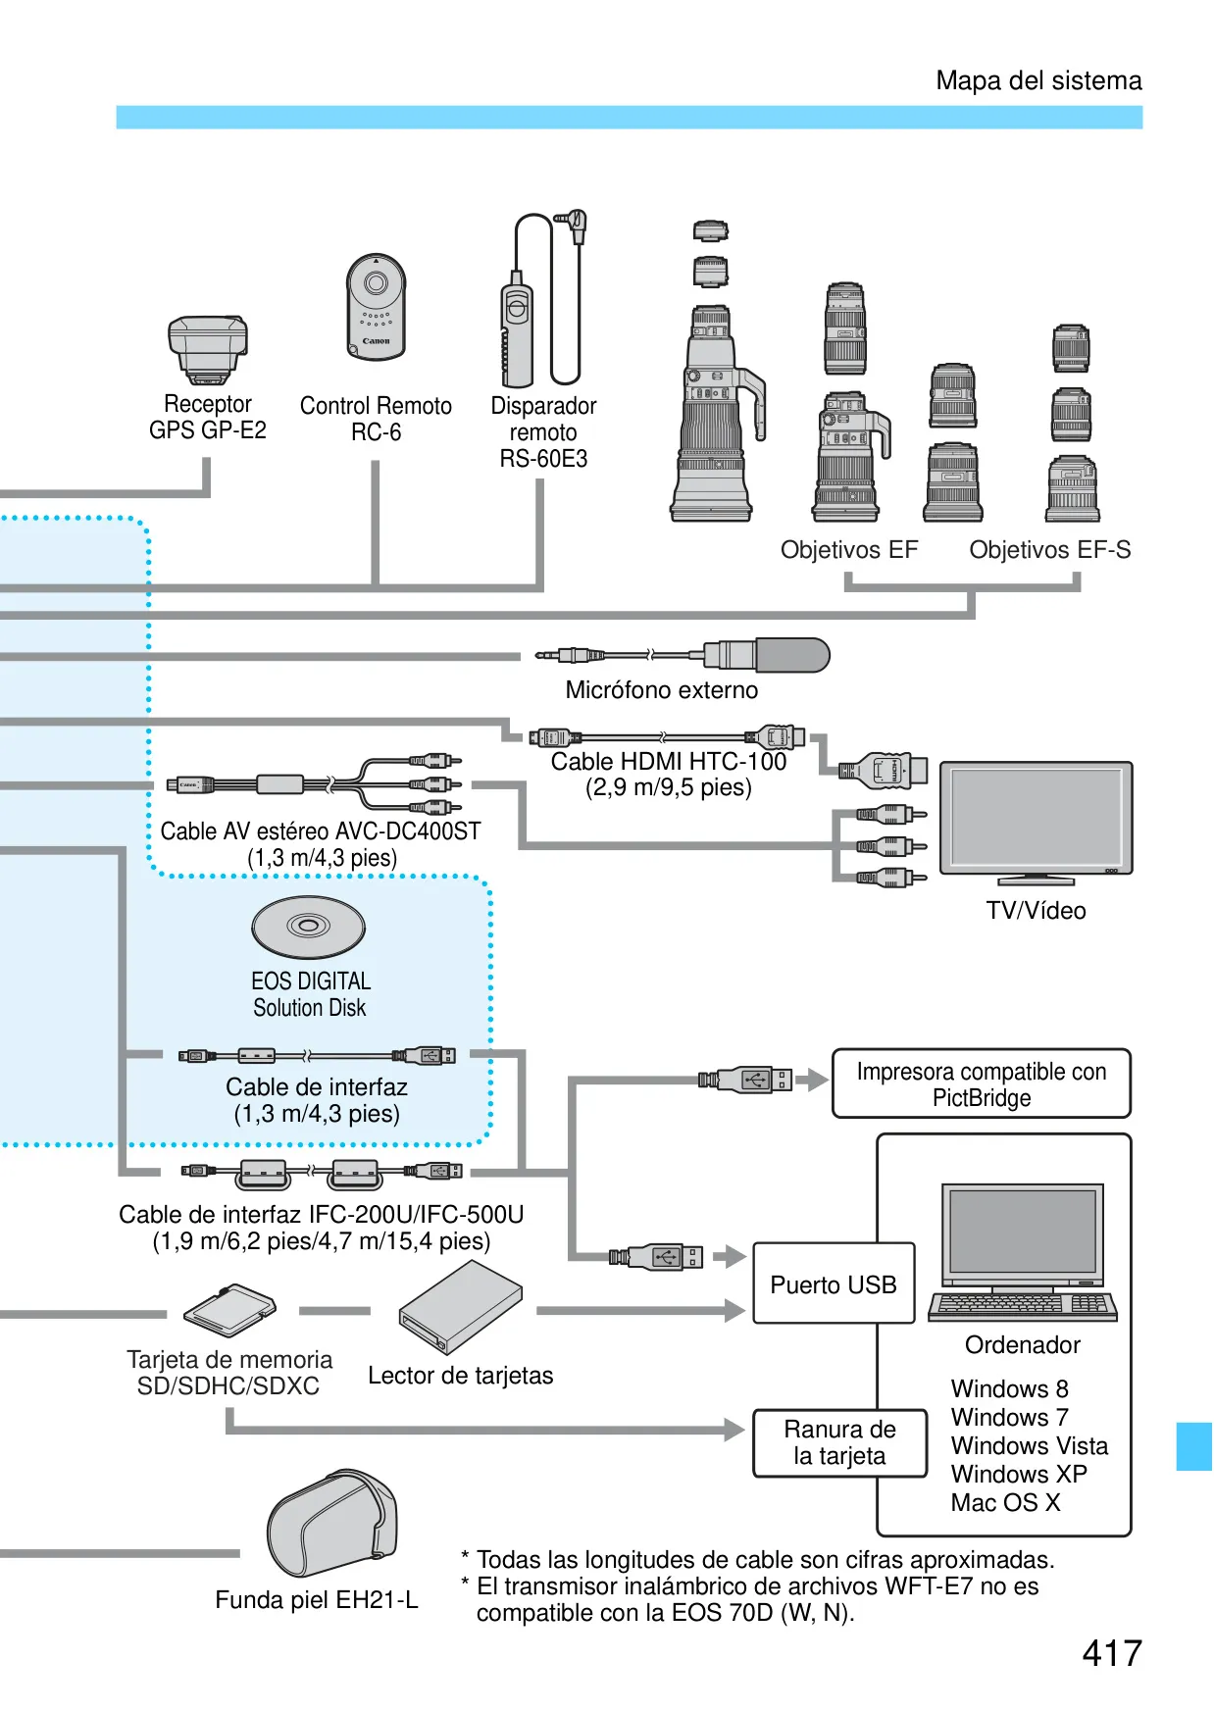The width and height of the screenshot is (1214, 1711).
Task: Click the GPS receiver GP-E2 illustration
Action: pos(207,350)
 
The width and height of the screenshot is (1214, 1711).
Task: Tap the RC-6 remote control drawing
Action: pos(376,307)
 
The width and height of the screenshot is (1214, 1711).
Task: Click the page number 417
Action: pos(1112,1653)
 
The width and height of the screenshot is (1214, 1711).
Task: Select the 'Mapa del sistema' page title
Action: pos(1038,80)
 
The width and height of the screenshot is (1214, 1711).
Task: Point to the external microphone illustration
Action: pos(683,654)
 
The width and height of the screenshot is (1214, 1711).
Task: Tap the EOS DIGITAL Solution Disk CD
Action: pos(309,927)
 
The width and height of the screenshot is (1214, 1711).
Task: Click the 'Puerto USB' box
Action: pos(834,1283)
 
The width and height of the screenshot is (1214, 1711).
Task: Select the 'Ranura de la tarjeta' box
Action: pos(840,1442)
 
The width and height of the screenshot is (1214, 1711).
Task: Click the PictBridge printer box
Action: pos(982,1083)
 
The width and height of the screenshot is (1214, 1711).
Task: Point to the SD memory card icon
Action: pos(229,1310)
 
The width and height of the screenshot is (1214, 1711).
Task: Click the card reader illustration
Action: pos(460,1307)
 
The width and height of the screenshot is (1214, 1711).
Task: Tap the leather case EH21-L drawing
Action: pos(332,1523)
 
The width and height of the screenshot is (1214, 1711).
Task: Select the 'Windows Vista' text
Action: pos(1030,1445)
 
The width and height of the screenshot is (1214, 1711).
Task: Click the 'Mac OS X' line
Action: pos(1006,1502)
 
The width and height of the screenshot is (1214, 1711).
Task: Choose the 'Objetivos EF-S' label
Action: pos(1050,550)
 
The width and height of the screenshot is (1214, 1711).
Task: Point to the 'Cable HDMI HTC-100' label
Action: pos(669,761)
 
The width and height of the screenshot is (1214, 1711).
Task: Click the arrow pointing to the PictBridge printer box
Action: pos(812,1081)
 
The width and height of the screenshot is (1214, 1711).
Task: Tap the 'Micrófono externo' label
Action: pos(662,690)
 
